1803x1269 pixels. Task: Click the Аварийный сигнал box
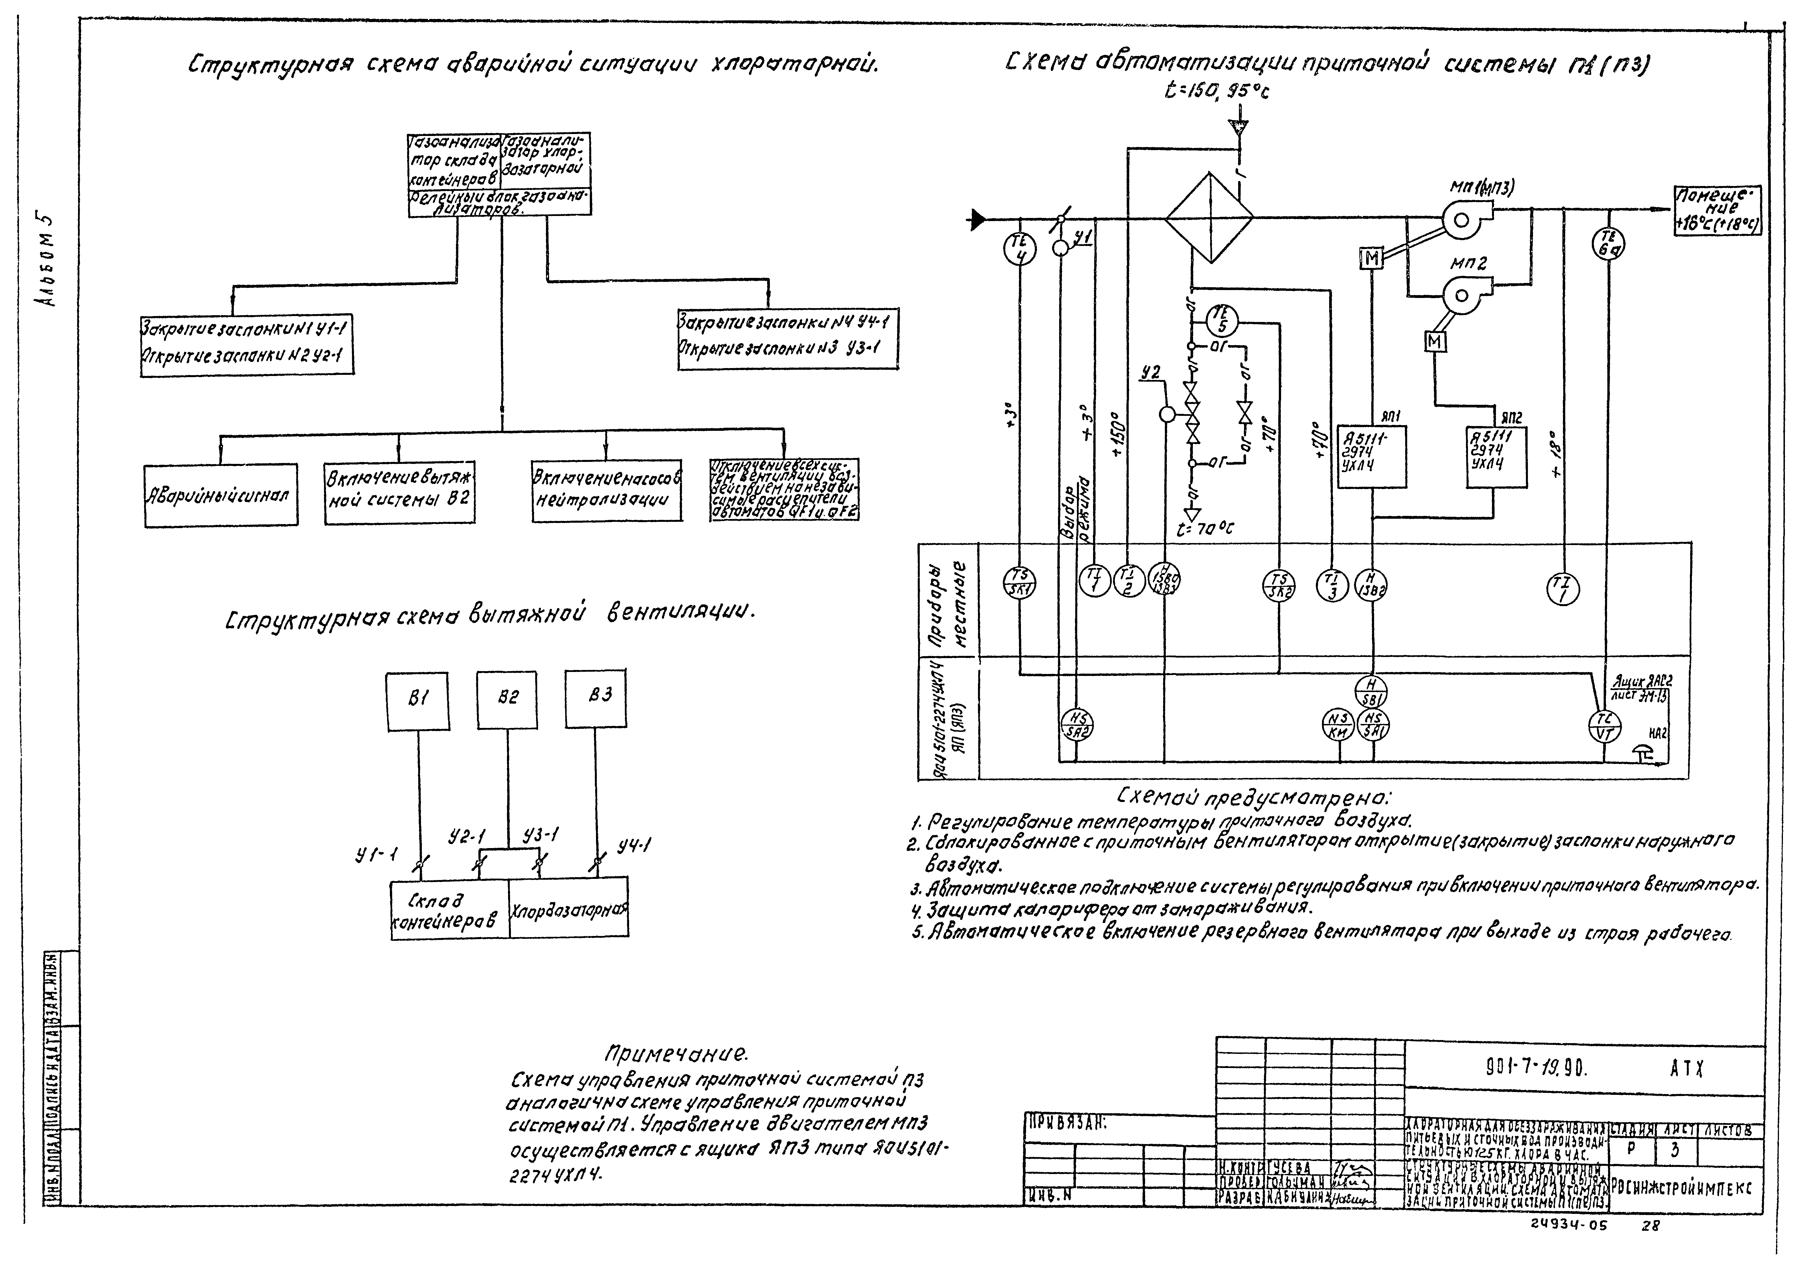point(221,496)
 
